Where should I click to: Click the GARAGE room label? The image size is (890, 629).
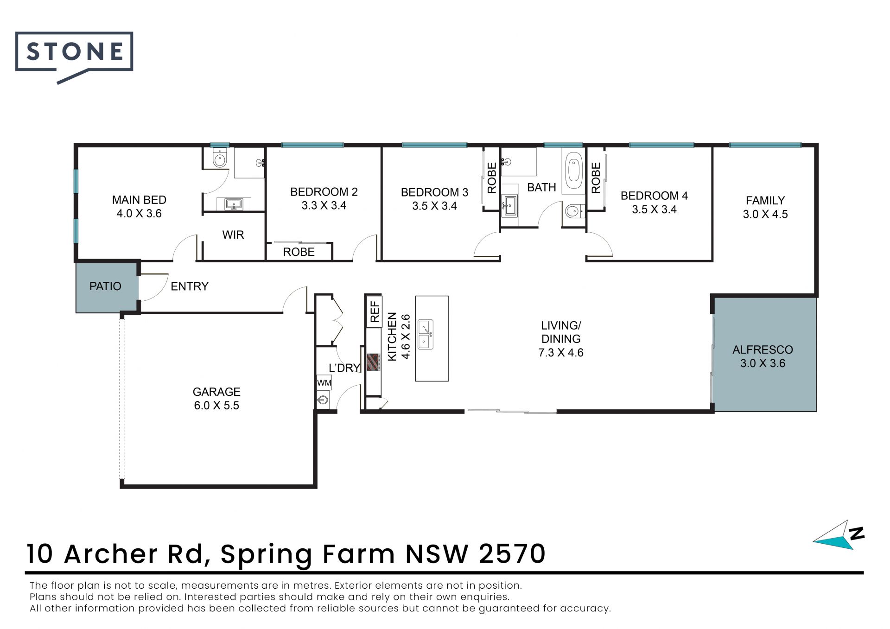[216, 392]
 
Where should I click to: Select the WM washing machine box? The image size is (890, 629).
[324, 382]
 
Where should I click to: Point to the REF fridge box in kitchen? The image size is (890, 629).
[374, 311]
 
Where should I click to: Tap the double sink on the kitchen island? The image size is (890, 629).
[426, 334]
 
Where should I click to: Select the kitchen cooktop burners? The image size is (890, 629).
[373, 362]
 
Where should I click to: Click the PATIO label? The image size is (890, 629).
[105, 286]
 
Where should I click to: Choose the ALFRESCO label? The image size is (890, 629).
[763, 349]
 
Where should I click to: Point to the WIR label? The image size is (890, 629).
[233, 235]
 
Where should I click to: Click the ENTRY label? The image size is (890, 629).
[190, 286]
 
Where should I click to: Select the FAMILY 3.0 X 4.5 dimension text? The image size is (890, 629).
[765, 214]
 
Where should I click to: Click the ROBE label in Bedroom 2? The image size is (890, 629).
[299, 252]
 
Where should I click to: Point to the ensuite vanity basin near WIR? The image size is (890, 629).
[234, 204]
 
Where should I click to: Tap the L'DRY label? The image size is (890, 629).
[344, 368]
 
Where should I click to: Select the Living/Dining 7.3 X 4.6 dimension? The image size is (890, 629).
[561, 353]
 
